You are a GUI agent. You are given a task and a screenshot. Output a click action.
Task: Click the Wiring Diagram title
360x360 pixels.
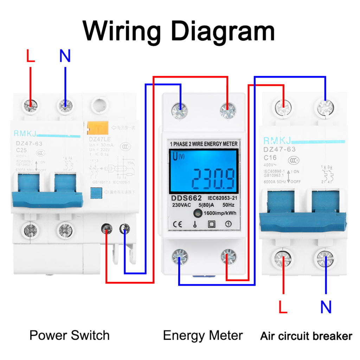coord(179,31)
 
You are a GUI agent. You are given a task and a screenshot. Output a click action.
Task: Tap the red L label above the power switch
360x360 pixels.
coord(31,56)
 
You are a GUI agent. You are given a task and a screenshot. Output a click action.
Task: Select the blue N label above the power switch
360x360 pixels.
coord(65,56)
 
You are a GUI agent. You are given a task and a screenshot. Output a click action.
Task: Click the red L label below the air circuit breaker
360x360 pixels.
coord(283,307)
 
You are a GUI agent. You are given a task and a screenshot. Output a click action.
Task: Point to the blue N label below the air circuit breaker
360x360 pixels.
coord(326,307)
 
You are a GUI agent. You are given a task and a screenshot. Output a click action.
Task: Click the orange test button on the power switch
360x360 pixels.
coord(95,128)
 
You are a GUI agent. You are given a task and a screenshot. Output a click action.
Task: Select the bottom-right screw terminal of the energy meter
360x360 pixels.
coord(229,257)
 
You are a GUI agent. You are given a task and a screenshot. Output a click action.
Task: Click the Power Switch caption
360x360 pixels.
coord(70,335)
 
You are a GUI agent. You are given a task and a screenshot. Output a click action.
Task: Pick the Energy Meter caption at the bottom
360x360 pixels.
coord(203,335)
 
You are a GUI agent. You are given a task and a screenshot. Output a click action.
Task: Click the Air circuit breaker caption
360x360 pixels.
coord(306,336)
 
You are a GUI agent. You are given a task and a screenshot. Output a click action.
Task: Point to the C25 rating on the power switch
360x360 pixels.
coord(21,149)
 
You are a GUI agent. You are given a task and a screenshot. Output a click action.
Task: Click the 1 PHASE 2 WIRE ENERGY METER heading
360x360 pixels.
coord(204,144)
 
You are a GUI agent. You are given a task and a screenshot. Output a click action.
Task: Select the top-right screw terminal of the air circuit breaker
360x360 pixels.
coord(324,107)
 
